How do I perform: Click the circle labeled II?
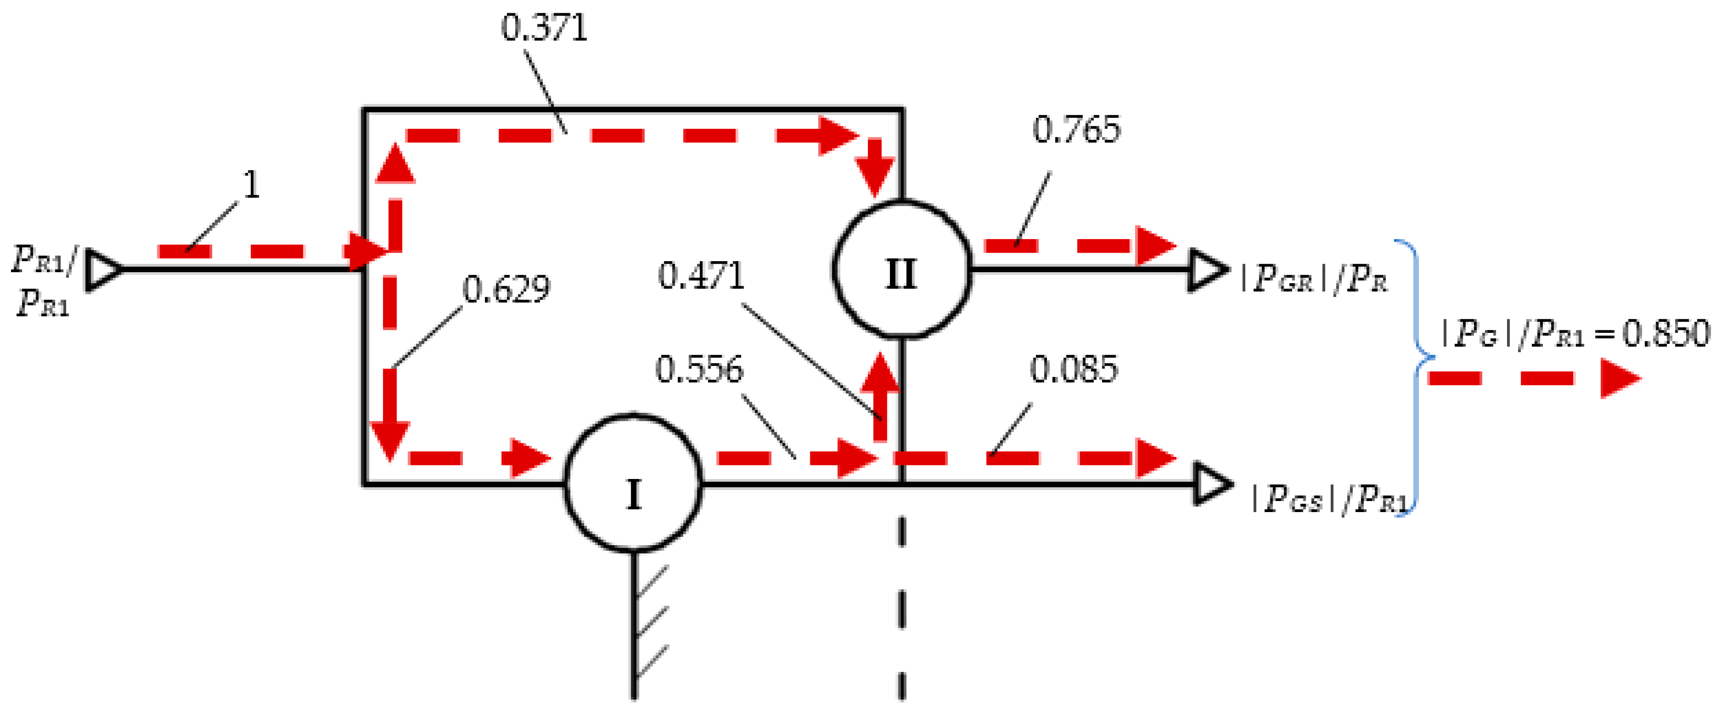tap(901, 269)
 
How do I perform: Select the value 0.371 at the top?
tap(544, 29)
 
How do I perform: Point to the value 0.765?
tap(1076, 129)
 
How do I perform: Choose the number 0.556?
tap(699, 369)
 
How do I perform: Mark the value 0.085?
tap(1073, 369)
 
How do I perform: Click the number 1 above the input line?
tap(251, 185)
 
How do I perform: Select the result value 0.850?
tap(1666, 333)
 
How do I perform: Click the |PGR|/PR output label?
tap(1313, 279)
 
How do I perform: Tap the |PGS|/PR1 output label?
tap(1329, 499)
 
